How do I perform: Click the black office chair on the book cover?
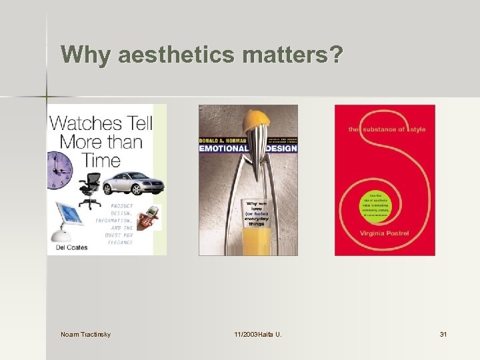pos(92,190)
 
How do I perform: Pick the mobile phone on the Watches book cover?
pos(152,217)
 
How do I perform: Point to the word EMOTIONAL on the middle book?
pos(223,148)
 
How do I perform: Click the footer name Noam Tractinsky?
pos(85,333)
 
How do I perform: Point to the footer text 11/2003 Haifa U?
pos(257,333)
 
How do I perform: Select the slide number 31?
pos(443,333)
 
